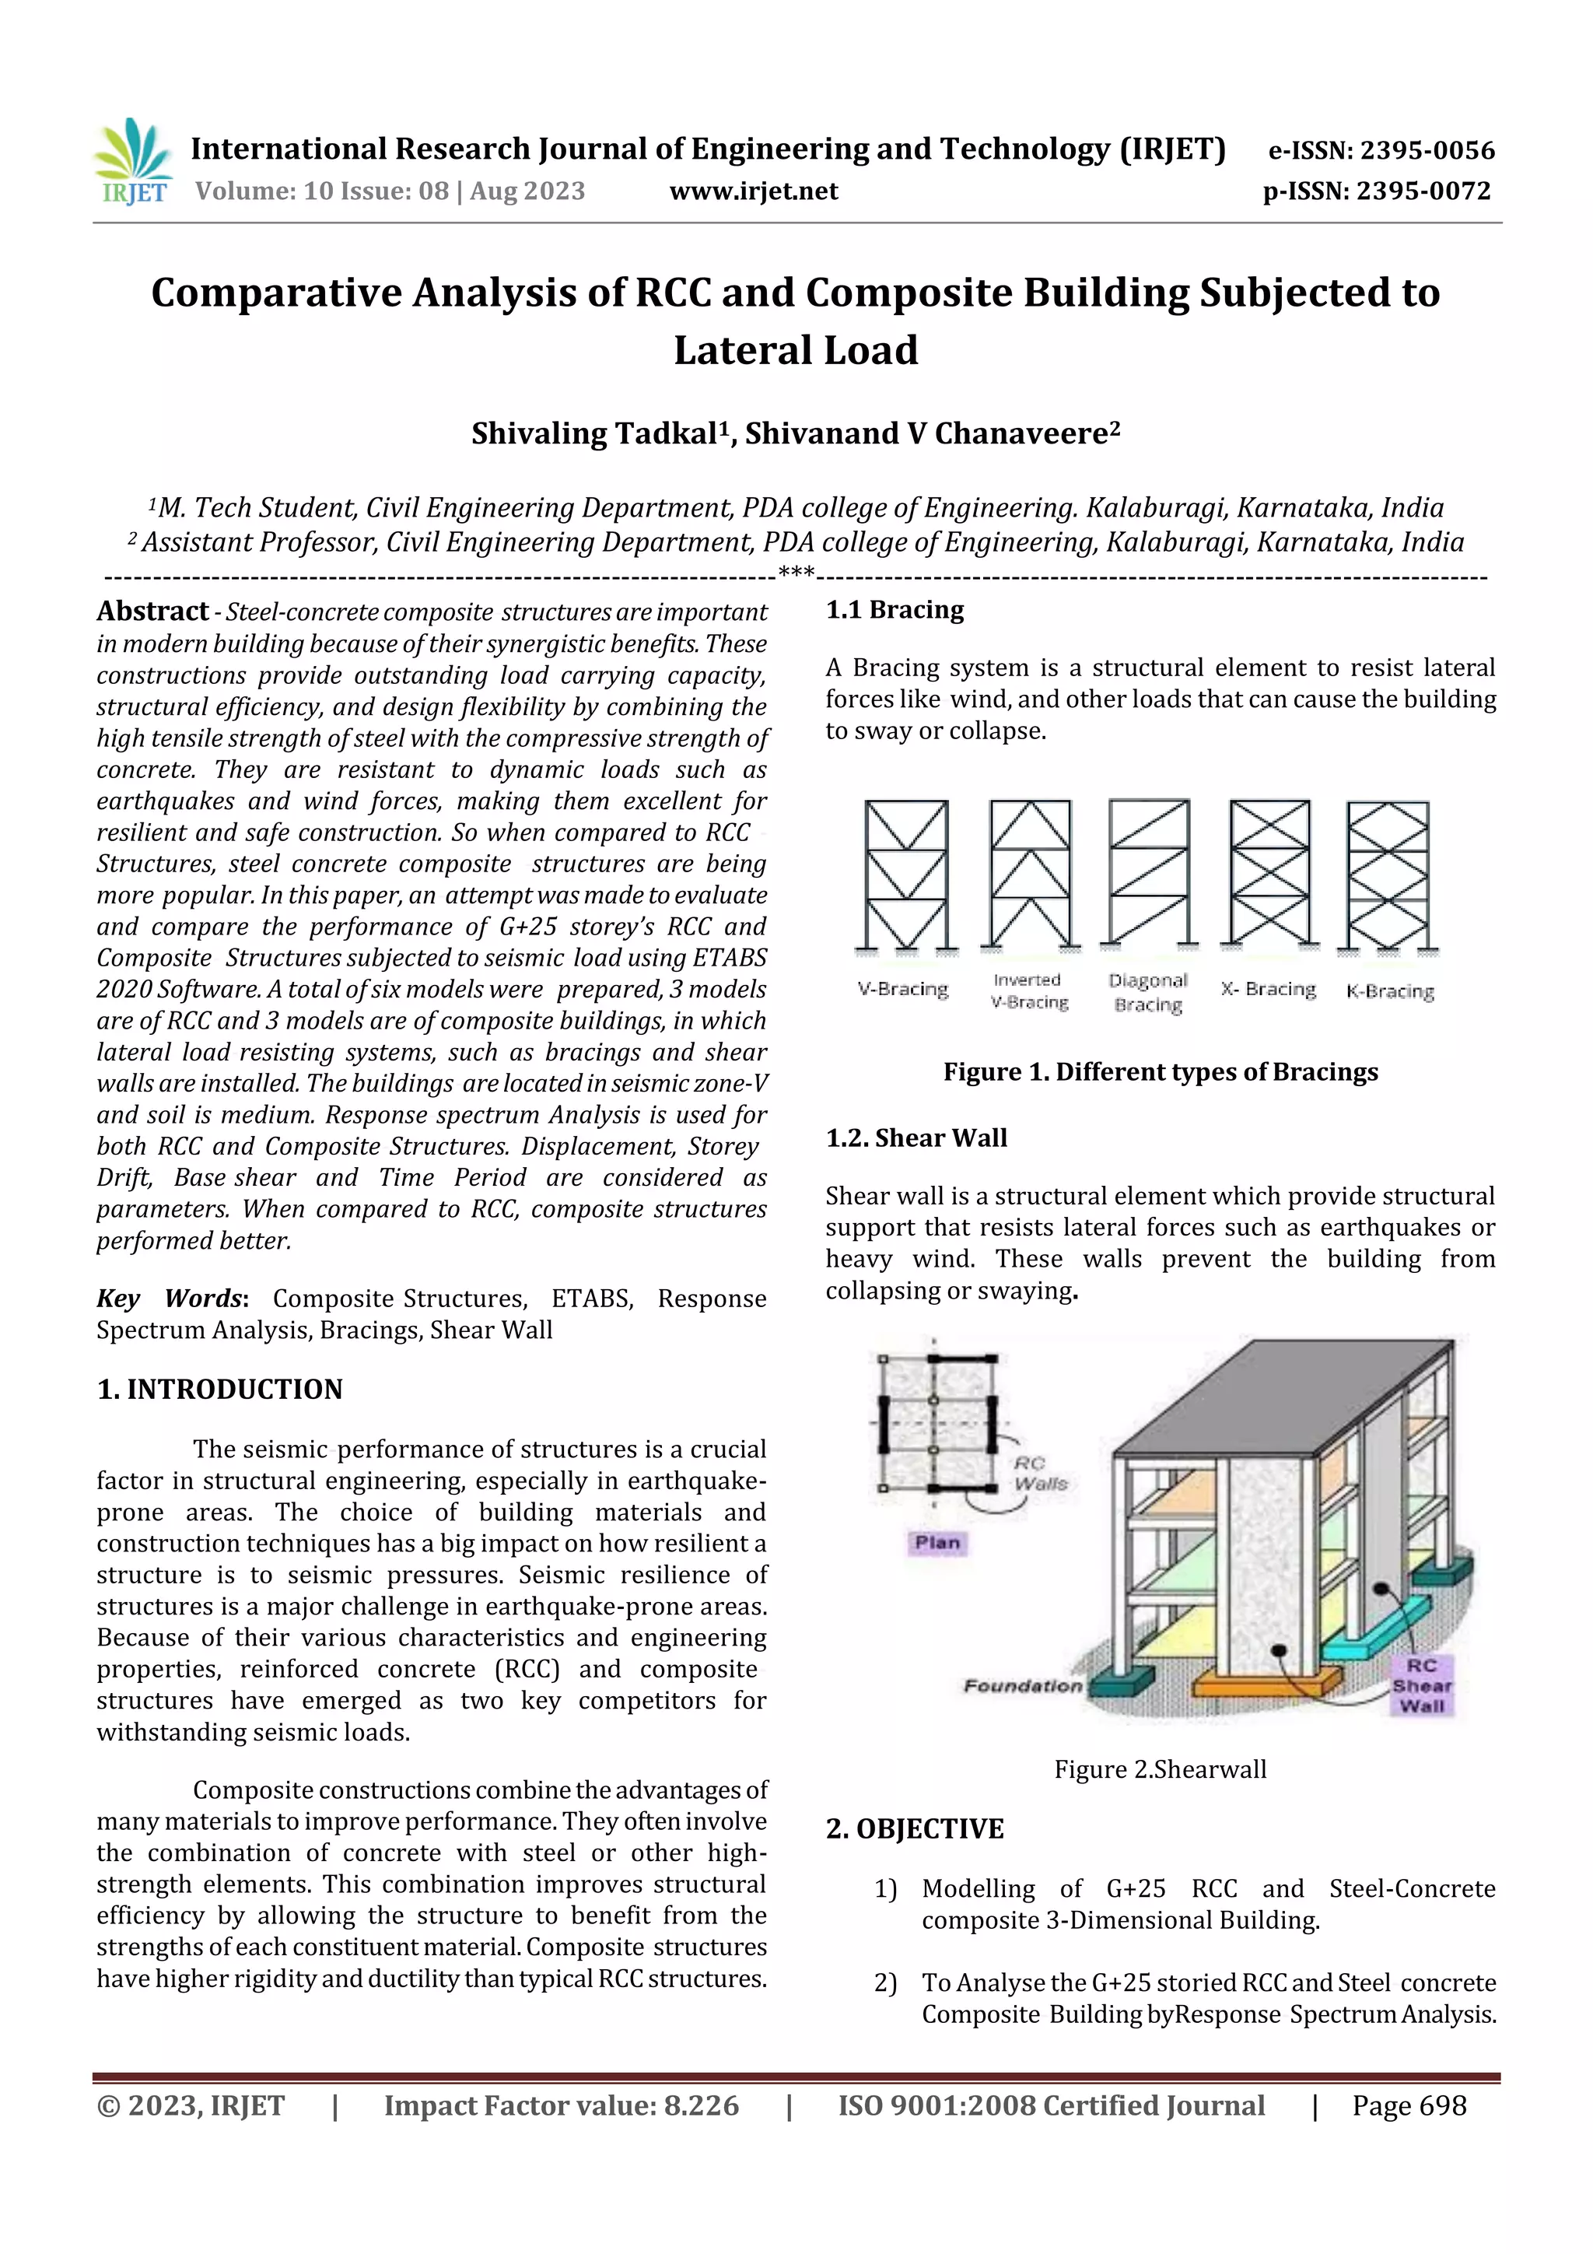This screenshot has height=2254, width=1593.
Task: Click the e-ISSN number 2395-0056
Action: (x=1426, y=150)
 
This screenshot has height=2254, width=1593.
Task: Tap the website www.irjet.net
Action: (x=753, y=191)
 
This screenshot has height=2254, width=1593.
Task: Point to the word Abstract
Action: (x=152, y=611)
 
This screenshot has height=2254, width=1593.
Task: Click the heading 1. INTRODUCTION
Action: (x=220, y=1389)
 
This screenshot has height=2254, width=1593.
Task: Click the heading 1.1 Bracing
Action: (x=895, y=610)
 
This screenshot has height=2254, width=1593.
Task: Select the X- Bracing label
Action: (x=1268, y=989)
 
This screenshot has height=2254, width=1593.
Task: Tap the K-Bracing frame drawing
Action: (x=1388, y=874)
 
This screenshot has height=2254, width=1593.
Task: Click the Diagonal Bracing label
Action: (x=1148, y=991)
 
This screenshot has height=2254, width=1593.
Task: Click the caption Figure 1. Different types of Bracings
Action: (x=1161, y=1071)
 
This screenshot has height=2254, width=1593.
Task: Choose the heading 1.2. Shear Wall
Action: (x=916, y=1138)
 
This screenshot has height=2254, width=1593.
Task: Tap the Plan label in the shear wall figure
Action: (x=937, y=1542)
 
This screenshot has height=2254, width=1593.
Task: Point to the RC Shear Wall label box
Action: (x=1421, y=1684)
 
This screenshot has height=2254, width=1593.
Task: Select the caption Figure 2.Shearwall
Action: (x=1161, y=1769)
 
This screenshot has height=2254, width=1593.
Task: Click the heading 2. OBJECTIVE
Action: (x=915, y=1829)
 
